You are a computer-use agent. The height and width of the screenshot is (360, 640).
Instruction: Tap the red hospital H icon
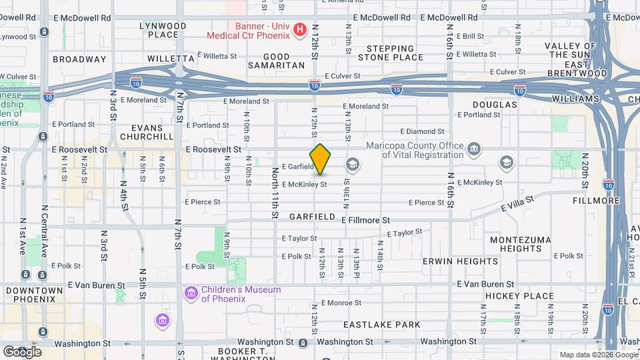pos(299,30)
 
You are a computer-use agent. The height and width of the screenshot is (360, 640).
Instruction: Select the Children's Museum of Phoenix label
pos(241,294)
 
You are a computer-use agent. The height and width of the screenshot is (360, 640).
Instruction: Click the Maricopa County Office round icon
pos(473,147)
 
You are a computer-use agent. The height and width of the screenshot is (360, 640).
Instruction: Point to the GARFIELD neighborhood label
pos(312,217)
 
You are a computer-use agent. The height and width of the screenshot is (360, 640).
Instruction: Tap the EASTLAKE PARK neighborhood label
pos(382,325)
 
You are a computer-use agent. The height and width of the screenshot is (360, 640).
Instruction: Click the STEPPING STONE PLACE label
pos(390,53)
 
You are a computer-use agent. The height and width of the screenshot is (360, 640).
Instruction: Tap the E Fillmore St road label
pos(365,220)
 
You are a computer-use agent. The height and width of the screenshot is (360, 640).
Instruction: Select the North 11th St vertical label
pos(275,193)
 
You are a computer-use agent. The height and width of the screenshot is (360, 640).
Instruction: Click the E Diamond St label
pos(422,132)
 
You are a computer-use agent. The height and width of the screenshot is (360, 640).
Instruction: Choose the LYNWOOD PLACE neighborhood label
pos(163,30)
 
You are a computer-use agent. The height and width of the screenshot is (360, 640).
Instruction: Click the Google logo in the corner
pos(22,351)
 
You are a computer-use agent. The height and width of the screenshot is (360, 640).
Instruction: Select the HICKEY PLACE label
pos(519,296)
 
